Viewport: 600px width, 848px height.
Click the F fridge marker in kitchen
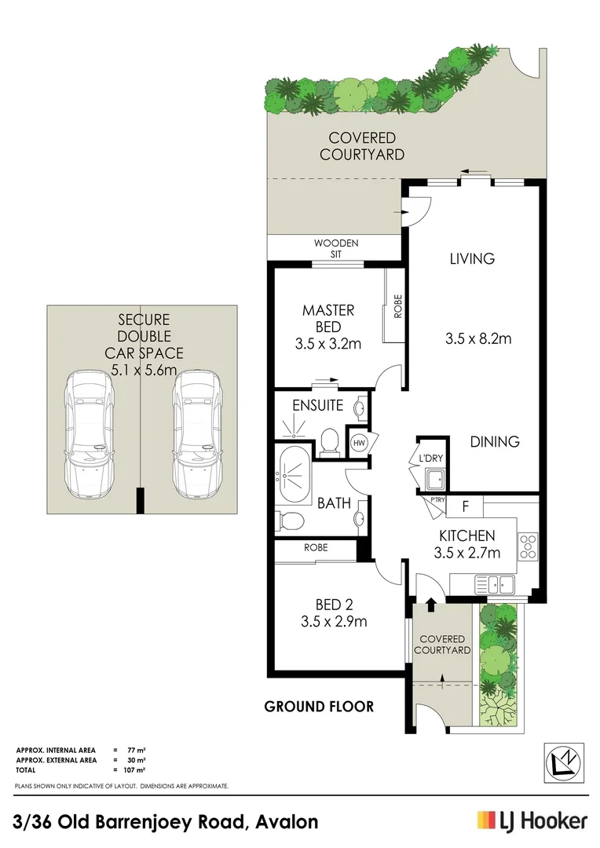coord(466,507)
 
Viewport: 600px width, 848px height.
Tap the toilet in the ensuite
coord(330,440)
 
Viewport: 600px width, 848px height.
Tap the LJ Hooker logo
coord(532,821)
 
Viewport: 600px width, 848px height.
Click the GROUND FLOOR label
coord(319,707)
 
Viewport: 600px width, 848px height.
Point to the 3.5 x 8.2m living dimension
coord(477,339)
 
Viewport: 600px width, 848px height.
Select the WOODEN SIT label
coord(336,248)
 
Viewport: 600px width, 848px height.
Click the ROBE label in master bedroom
coord(397,305)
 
